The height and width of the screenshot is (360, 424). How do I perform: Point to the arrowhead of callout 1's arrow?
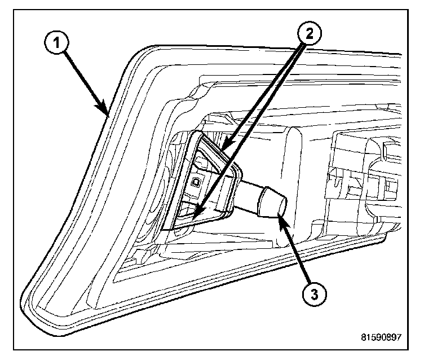107,112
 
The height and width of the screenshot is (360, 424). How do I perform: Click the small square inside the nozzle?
196,182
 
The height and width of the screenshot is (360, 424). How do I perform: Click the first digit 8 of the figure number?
363,337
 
